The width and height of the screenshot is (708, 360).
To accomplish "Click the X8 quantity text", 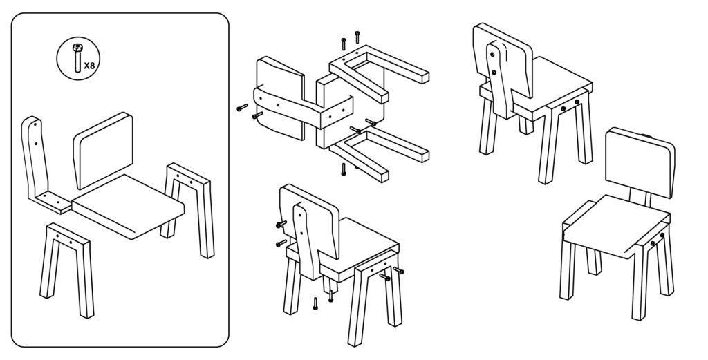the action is coord(89,66).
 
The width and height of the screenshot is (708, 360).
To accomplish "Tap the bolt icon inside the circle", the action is coord(77,58).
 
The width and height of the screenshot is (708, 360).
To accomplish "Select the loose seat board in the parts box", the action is coord(128,206).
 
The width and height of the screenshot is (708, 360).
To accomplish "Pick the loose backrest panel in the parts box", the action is coord(104,150).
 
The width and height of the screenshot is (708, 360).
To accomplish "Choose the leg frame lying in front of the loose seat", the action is coord(68,268).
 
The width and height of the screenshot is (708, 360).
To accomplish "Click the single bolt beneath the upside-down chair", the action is coord(344,169).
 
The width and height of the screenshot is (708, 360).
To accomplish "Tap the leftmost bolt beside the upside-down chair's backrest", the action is coord(242,107).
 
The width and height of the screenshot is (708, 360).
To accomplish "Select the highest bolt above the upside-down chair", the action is coord(357,37).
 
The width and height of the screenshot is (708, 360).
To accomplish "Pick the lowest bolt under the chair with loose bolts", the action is coord(315,303).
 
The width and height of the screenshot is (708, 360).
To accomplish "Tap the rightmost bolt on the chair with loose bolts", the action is coord(398,271).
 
